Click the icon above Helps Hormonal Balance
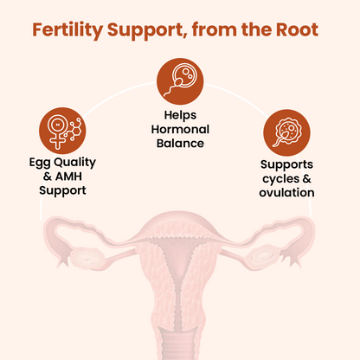click(179, 79)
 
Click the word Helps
click(179, 113)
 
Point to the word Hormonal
click(179, 128)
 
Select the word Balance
click(179, 143)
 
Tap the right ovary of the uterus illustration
click(275, 256)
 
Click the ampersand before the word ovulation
click(308, 178)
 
